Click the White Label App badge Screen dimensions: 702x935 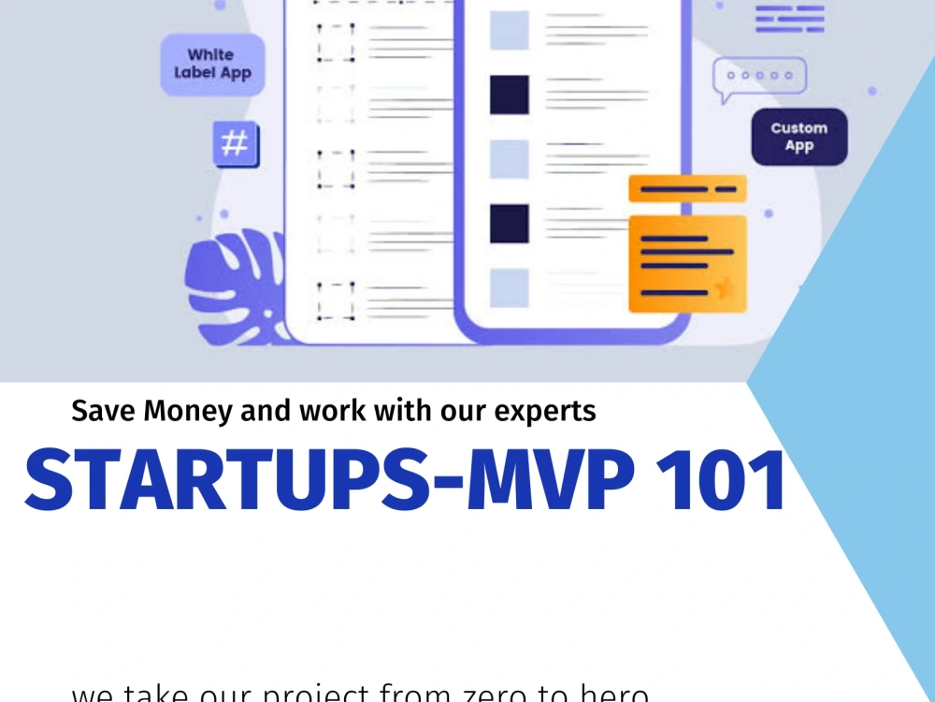tap(212, 65)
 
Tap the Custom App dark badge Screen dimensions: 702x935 tap(799, 137)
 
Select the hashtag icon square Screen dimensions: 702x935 tap(235, 144)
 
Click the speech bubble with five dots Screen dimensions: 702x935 tap(758, 79)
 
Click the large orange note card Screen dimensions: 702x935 tap(687, 264)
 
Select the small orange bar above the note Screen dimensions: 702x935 tap(687, 188)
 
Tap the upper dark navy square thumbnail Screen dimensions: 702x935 tap(510, 95)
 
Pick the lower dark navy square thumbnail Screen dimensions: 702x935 tap(510, 223)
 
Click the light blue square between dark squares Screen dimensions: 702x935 tap(510, 159)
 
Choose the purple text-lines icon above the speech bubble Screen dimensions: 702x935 tap(790, 18)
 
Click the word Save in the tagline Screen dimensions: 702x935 tap(101, 411)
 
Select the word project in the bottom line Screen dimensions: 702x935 tap(309, 695)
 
